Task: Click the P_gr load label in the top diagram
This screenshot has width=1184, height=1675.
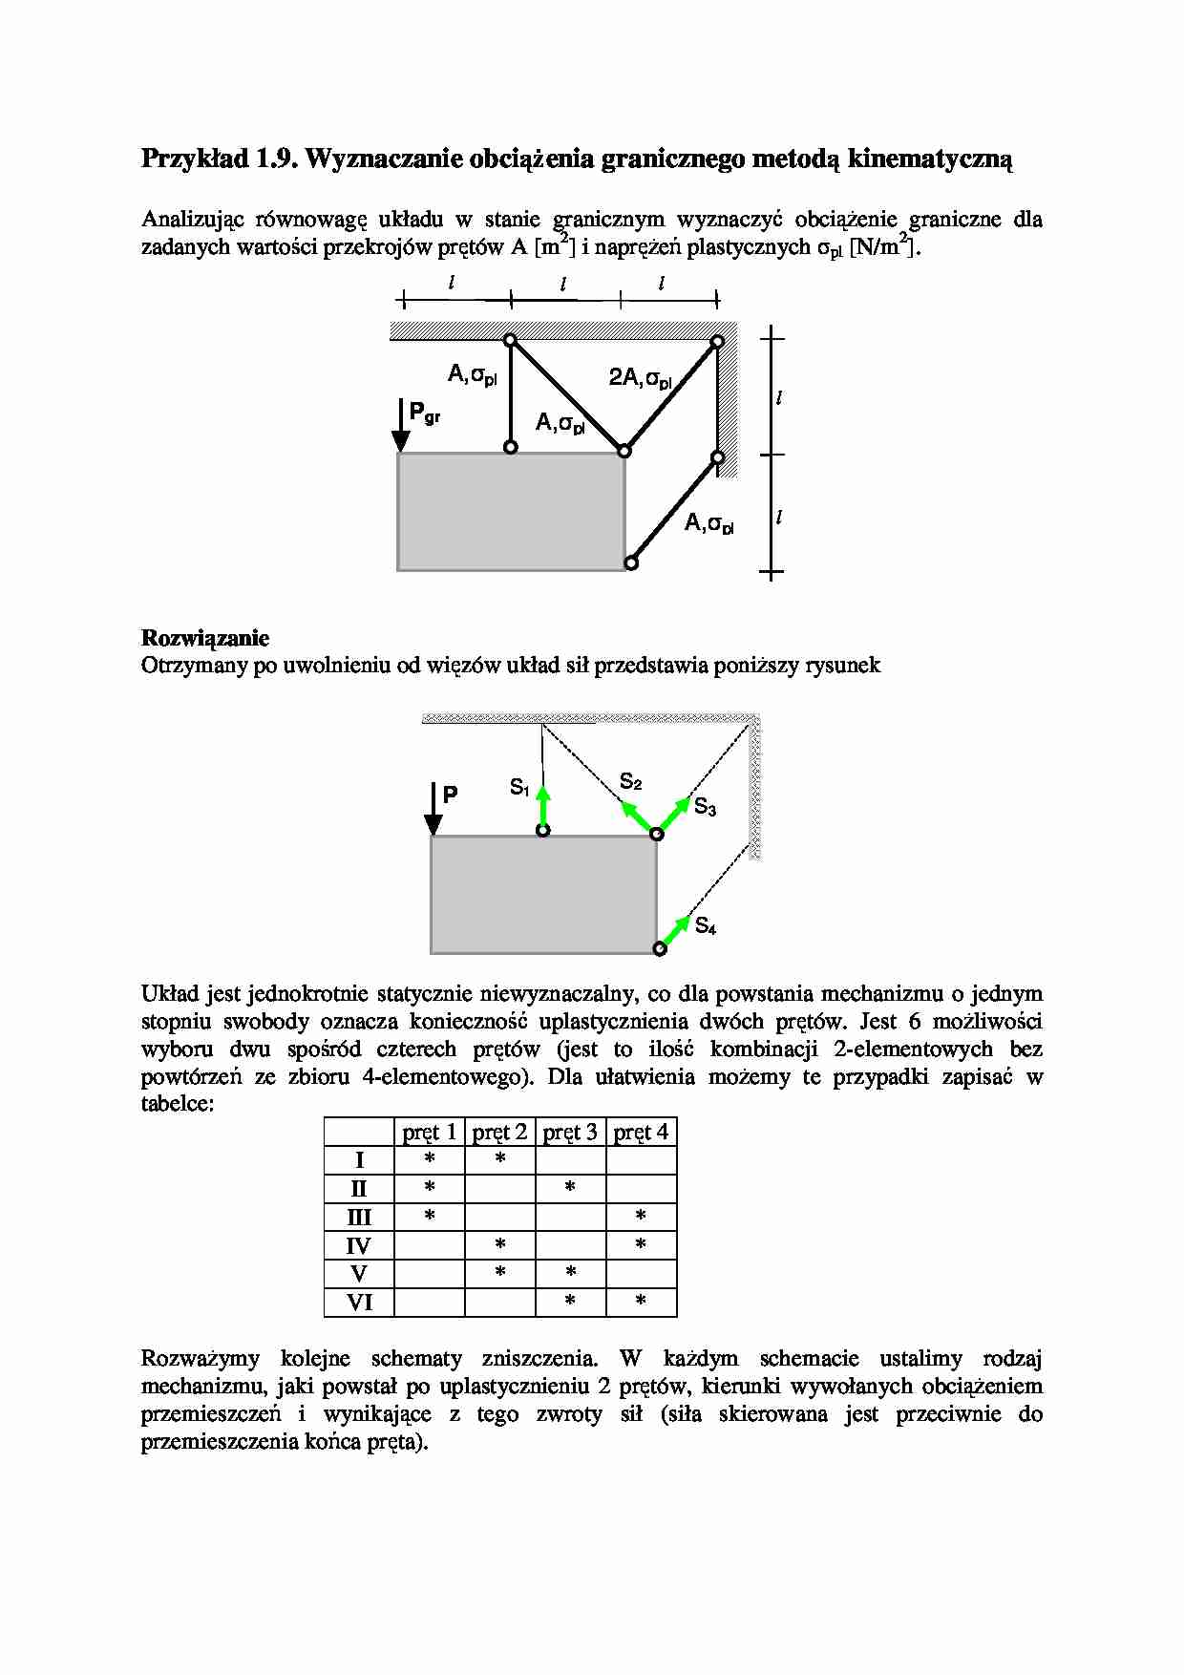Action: point(423,413)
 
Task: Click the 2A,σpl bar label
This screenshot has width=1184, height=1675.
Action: point(641,378)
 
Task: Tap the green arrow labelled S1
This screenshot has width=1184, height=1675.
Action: point(542,806)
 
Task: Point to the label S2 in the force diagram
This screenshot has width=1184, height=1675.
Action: point(631,781)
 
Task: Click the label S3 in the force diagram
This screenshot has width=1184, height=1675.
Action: point(705,807)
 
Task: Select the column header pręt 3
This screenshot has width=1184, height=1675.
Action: point(570,1133)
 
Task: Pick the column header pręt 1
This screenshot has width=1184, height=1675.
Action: point(430,1133)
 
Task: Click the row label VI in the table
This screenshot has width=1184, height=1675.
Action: point(359,1303)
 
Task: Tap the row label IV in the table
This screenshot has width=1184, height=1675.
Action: point(359,1245)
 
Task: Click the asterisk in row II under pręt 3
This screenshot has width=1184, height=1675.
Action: point(570,1187)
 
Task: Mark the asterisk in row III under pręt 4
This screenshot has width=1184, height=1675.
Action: point(641,1216)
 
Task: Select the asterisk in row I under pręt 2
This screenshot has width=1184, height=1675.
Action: point(500,1159)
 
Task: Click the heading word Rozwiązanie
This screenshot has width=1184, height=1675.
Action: point(205,638)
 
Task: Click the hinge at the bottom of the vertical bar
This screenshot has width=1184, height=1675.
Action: point(511,447)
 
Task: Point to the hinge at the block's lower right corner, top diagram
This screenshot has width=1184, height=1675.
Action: point(631,563)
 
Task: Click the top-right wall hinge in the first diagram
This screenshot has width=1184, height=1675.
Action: point(717,341)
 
